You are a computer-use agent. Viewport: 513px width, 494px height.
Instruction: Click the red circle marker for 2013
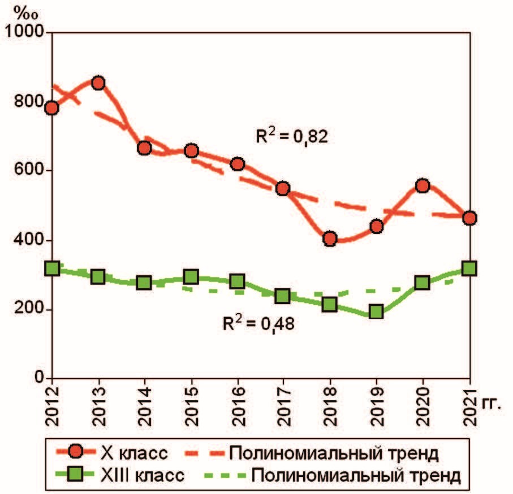tap(98, 84)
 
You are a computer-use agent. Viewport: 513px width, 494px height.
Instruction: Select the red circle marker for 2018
tap(330, 239)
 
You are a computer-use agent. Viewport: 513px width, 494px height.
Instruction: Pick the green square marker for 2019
tap(377, 311)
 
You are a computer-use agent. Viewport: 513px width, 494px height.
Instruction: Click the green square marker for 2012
tap(52, 268)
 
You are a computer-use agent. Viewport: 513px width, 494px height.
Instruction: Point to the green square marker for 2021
tap(469, 268)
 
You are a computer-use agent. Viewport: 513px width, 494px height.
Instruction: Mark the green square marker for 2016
tap(238, 281)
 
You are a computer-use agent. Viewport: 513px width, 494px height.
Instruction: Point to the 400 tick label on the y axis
tap(29, 240)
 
